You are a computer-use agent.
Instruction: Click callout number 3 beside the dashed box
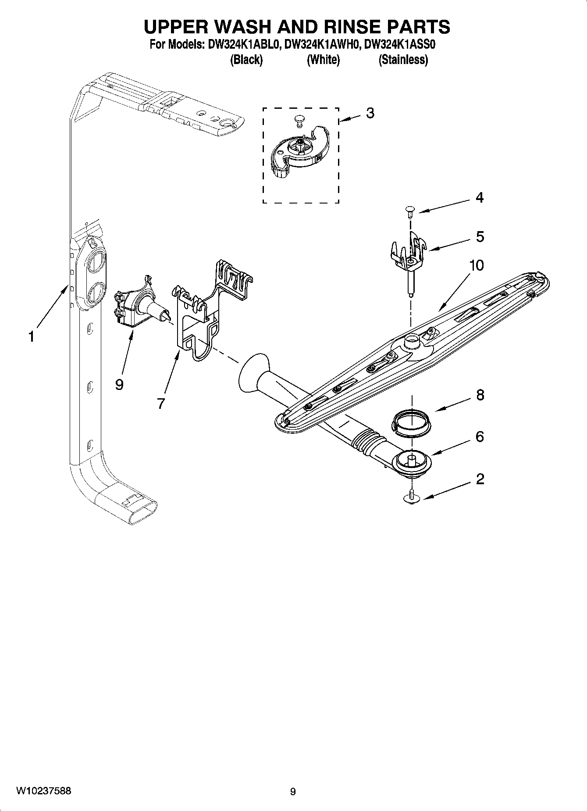(x=370, y=113)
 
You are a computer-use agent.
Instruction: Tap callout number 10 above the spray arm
(x=476, y=265)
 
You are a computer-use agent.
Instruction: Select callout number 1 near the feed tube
(x=31, y=337)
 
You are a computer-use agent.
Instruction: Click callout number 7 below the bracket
(x=161, y=403)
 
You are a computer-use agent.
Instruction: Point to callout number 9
(x=119, y=385)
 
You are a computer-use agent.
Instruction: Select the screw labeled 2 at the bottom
(x=411, y=497)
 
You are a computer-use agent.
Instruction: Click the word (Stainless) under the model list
(x=403, y=60)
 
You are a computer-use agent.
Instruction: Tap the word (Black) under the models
(x=246, y=60)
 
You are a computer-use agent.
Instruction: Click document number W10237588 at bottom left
(x=43, y=791)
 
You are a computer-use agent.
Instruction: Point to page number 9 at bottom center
(x=293, y=791)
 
